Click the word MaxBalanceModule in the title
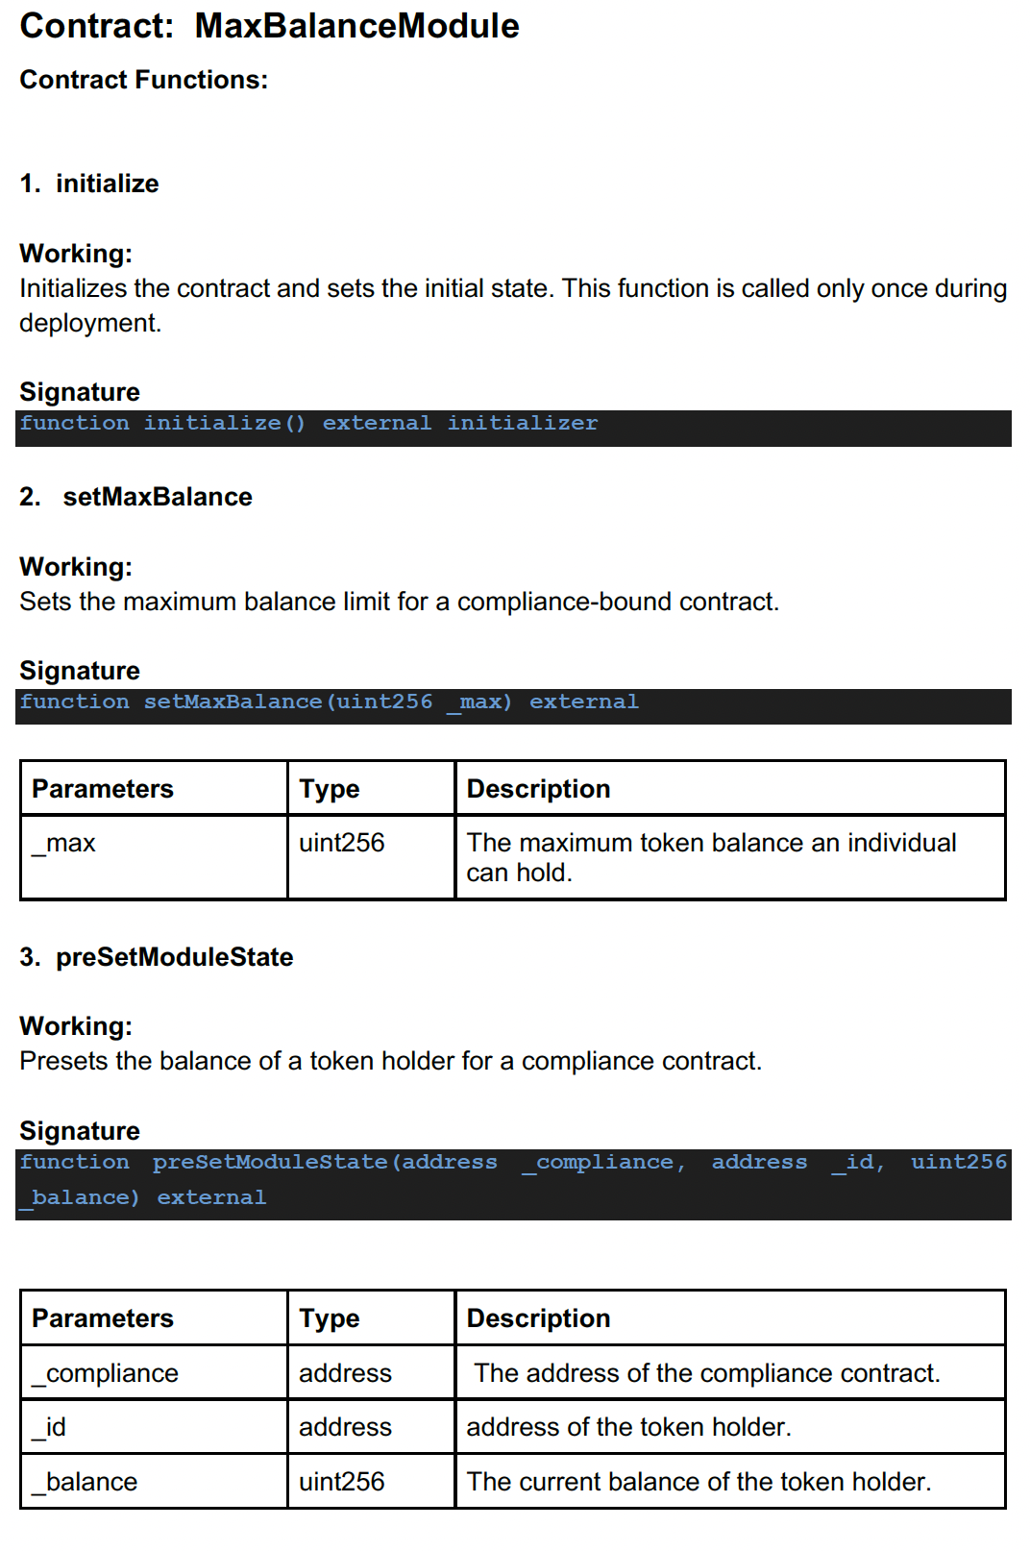point(356,27)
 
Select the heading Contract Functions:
point(144,80)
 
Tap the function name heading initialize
point(107,184)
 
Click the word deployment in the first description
point(87,323)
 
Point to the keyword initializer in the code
point(522,424)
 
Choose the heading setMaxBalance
point(158,497)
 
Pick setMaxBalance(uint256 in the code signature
point(288,702)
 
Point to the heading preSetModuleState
point(174,957)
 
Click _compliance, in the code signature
point(603,1163)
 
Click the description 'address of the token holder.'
point(628,1428)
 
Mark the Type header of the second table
point(330,1319)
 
